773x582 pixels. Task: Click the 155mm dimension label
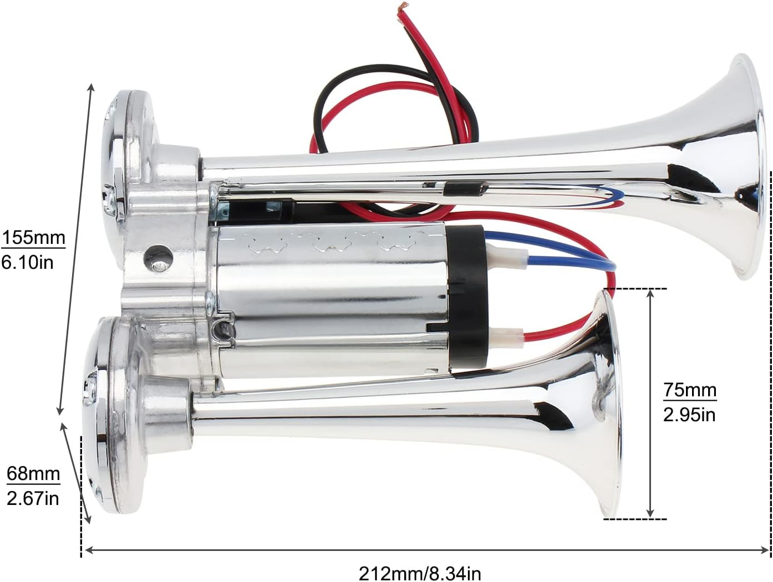click(x=33, y=238)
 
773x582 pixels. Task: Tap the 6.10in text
click(x=28, y=262)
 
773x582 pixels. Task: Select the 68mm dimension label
click(x=33, y=474)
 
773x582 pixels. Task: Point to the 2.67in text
click(x=33, y=498)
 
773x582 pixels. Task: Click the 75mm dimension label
click(x=690, y=390)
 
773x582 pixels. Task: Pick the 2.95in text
click(x=689, y=414)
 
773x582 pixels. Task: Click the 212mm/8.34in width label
click(x=420, y=572)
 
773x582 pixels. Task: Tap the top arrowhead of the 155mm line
click(x=91, y=87)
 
